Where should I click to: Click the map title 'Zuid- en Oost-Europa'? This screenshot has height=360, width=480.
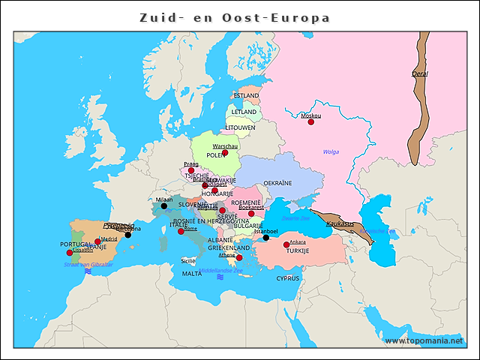pos(235,17)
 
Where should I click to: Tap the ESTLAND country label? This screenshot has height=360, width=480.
pos(247,95)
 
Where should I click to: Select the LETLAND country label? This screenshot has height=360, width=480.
pos(244,112)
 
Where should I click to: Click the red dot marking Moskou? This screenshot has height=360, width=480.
pos(311,121)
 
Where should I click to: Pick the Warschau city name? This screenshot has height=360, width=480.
pos(225,146)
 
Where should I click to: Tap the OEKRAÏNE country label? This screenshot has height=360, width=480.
pos(277,182)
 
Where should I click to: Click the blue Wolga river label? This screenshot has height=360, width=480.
pos(331,151)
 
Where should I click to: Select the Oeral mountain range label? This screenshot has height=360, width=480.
pos(420,73)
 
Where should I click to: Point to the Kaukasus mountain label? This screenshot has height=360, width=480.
pos(340,223)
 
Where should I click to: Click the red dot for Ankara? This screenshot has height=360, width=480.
pos(286,244)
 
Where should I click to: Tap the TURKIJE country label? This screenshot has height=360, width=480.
pos(298,250)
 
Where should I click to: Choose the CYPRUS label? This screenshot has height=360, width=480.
pos(287,277)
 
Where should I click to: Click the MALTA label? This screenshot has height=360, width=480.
pos(192,274)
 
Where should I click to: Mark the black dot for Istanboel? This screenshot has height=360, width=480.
pos(265,238)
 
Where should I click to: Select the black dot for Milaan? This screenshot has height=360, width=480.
pos(164,205)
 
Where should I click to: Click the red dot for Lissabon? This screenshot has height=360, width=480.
pos(70,253)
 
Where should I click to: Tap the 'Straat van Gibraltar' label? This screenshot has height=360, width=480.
pos(88,264)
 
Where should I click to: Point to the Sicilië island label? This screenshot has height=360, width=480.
pos(188,260)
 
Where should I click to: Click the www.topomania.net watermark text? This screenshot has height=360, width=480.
pos(424,340)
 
